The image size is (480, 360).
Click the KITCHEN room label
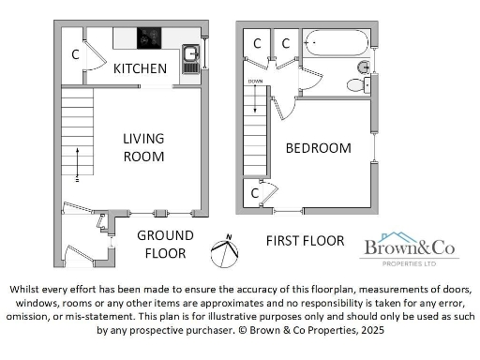click(141, 69)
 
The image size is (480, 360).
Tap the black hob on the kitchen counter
click(149, 38)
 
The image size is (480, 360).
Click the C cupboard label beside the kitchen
click(75, 54)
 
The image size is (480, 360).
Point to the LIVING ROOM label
click(143, 147)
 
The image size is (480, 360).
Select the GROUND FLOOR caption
click(165, 245)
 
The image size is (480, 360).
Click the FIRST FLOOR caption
click(305, 241)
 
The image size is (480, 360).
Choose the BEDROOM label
click(318, 148)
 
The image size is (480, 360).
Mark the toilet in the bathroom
click(356, 85)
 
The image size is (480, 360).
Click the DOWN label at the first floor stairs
click(256, 82)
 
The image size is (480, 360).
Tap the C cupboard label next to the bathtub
click(286, 43)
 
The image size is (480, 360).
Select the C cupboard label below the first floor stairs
click(254, 193)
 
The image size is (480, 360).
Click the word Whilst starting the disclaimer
click(28, 290)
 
